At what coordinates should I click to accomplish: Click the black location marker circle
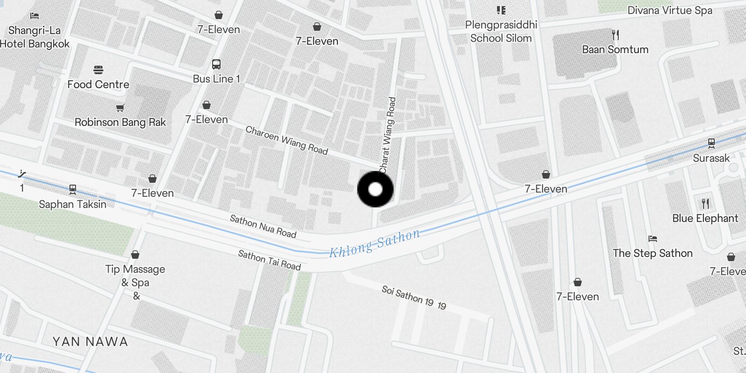click(375, 189)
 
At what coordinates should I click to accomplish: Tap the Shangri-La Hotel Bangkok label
click(35, 37)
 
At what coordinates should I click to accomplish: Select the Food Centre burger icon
click(98, 70)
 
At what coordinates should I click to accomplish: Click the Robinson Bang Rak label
click(120, 122)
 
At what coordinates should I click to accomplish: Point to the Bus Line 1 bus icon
click(216, 64)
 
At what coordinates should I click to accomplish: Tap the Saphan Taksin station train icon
click(73, 189)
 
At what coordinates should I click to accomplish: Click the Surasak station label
click(711, 158)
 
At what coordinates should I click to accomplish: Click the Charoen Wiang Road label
click(287, 140)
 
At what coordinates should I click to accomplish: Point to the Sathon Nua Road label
click(263, 227)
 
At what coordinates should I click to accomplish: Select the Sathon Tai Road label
click(269, 260)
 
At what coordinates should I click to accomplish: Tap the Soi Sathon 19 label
click(414, 297)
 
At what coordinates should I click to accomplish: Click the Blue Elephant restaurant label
click(705, 218)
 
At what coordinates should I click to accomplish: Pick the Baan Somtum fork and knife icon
click(615, 35)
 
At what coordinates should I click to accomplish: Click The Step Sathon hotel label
click(652, 253)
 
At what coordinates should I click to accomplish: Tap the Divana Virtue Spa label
click(670, 10)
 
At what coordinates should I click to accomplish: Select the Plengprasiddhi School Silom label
click(501, 31)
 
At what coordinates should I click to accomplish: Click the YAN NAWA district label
click(90, 342)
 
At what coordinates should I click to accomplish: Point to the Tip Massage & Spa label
click(135, 276)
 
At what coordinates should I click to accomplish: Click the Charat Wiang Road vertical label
click(387, 135)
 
